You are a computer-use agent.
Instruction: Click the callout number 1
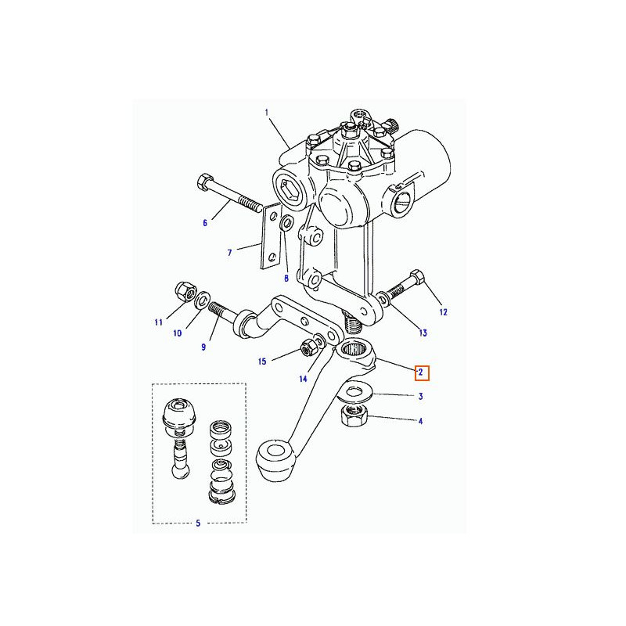tap(267, 113)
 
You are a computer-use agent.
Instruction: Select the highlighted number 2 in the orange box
tap(421, 373)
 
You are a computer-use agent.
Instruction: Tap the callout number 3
tap(421, 397)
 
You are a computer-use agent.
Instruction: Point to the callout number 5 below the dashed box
tap(198, 523)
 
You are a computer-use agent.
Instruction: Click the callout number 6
tap(205, 223)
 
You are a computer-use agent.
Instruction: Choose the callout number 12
tap(443, 312)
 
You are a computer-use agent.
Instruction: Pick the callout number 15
tap(262, 362)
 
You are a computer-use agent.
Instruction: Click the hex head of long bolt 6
tap(205, 182)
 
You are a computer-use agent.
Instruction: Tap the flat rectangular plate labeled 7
tap(271, 236)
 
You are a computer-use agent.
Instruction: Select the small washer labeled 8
tap(286, 224)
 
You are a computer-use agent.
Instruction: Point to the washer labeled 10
tap(203, 300)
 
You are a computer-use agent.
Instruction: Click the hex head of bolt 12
tap(417, 276)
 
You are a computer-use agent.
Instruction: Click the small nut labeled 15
tap(307, 348)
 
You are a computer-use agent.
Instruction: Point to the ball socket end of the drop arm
tap(276, 460)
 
